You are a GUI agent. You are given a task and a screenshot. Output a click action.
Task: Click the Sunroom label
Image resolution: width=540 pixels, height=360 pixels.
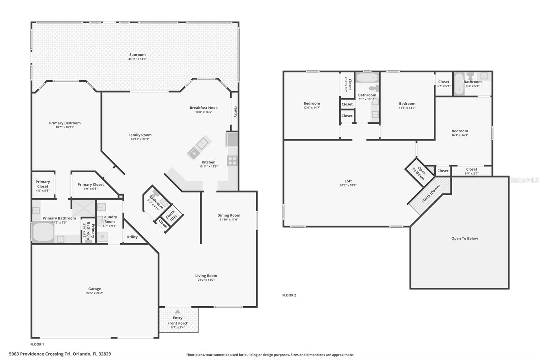[x=137, y=55]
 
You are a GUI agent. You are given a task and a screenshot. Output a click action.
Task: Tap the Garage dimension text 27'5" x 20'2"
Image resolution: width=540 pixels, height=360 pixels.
[x=94, y=293]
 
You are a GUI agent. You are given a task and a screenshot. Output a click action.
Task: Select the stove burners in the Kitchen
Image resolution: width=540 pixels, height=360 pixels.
[x=232, y=161]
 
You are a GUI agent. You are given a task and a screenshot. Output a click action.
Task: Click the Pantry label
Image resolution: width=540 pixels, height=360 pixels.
[x=235, y=111]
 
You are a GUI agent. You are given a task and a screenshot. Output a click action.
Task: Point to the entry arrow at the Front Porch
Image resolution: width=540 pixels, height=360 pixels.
[x=178, y=311]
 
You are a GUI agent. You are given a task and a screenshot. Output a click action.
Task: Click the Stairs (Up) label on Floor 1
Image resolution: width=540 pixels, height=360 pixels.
[x=171, y=215]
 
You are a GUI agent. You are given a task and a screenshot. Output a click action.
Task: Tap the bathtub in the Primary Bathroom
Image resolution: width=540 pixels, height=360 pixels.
[x=43, y=231]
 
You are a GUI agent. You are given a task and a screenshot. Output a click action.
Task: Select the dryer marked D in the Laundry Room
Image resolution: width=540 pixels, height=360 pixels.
[x=103, y=237]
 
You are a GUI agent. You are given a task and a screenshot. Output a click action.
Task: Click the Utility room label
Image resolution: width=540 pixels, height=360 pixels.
[x=132, y=237]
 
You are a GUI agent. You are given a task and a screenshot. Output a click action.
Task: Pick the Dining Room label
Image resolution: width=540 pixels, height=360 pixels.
[x=228, y=215]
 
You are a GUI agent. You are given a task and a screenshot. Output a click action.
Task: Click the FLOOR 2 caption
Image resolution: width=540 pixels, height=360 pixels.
[x=289, y=295]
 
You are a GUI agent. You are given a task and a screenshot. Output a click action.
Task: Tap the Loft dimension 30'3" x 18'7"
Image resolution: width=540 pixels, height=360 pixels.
[x=348, y=185]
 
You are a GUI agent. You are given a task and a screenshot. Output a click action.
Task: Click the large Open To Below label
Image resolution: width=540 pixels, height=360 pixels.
[x=464, y=238]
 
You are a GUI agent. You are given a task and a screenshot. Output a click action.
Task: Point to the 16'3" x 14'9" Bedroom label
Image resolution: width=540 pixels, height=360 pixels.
[x=460, y=131]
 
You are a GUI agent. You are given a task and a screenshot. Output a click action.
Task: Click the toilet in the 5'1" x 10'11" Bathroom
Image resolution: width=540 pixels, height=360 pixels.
[x=373, y=88]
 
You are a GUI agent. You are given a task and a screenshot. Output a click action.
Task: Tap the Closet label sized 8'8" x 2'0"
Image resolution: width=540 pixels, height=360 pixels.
[x=471, y=169]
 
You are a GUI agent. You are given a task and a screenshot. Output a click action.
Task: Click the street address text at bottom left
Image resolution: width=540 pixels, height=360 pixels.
[x=60, y=354]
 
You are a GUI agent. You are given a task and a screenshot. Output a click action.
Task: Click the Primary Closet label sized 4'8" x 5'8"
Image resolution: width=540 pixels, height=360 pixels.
[x=43, y=184]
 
